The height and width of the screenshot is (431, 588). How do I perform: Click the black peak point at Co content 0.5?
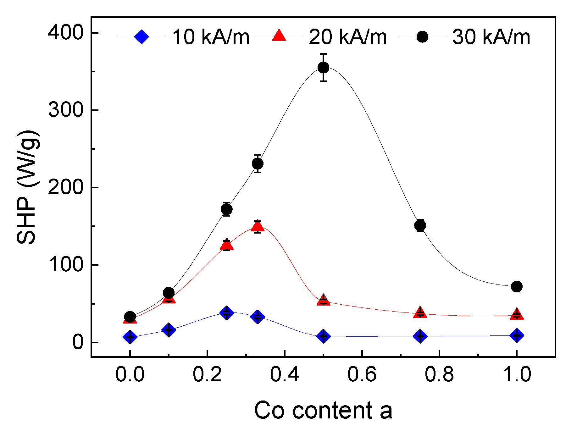[x=323, y=68]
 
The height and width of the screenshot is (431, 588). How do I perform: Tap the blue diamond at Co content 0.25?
[x=226, y=312]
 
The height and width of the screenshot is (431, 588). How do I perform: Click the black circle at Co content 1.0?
[x=517, y=286]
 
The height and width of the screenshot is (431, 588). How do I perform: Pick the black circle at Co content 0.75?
[x=420, y=225]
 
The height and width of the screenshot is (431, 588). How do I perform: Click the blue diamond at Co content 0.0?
[x=130, y=337]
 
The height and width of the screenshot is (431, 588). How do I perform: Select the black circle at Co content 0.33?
[x=258, y=164]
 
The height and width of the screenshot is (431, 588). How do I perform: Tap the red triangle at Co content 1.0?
[x=517, y=314]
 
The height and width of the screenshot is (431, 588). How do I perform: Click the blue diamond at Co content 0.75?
[x=420, y=336]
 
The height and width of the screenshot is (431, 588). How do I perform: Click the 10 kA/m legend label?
[x=211, y=37]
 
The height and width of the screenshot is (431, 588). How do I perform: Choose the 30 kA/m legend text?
[x=491, y=37]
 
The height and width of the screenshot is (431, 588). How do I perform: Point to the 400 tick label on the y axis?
[x=65, y=33]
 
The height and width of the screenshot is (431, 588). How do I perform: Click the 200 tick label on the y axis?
[x=65, y=187]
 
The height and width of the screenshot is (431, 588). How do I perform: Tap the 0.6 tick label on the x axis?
[x=362, y=374]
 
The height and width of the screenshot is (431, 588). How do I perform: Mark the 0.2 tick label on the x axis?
[x=207, y=374]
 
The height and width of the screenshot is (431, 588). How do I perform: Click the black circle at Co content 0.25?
[x=226, y=209]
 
